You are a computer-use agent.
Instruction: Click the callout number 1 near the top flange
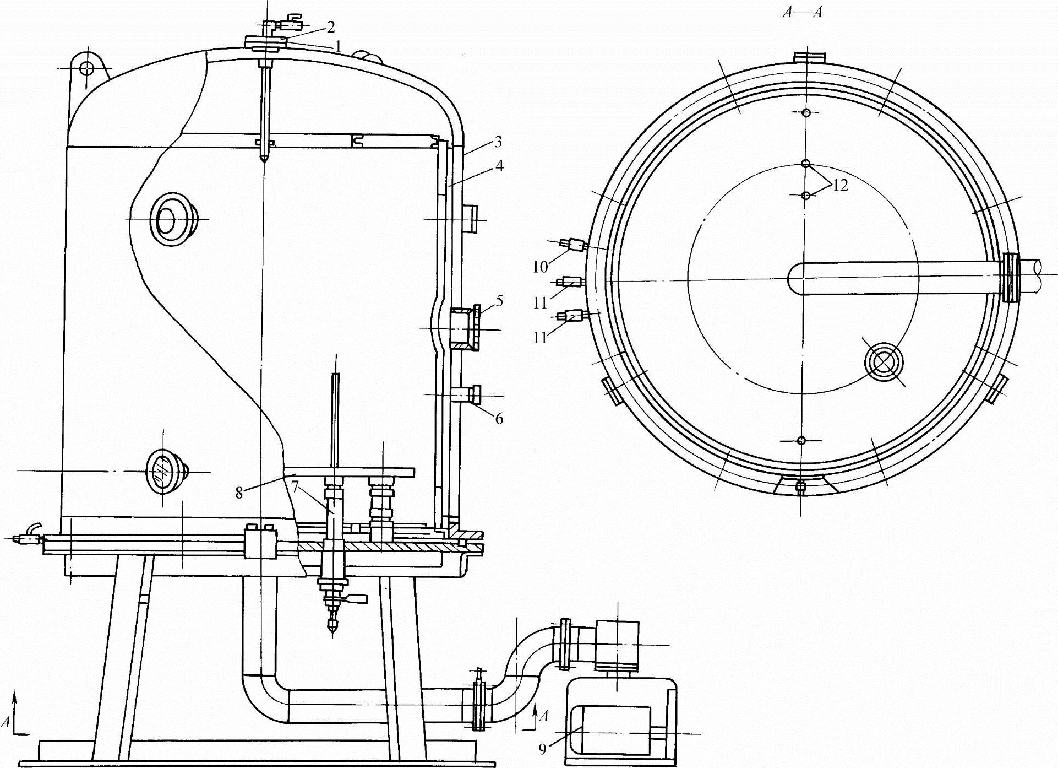[x=339, y=46]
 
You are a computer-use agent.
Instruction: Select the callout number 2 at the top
[x=330, y=26]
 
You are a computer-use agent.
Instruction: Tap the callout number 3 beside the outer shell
[x=498, y=142]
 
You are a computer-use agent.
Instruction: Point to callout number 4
[x=499, y=165]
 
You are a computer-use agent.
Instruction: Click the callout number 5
[x=499, y=301]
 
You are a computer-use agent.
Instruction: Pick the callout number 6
[x=499, y=419]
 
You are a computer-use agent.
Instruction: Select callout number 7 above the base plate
[x=295, y=487]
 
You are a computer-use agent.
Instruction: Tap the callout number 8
[x=239, y=493]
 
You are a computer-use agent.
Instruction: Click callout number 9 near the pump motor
[x=542, y=749]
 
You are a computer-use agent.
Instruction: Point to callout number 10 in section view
[x=540, y=267]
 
